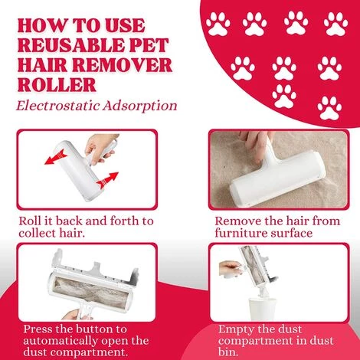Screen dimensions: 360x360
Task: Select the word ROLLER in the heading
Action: pos(57,84)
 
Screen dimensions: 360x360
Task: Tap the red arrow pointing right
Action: pos(107,180)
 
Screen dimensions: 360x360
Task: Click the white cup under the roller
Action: pos(262,309)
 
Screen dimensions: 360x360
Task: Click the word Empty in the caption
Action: pos(234,329)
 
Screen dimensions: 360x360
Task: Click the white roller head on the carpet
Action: pos(277,178)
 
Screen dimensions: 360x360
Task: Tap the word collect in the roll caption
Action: pos(36,233)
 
